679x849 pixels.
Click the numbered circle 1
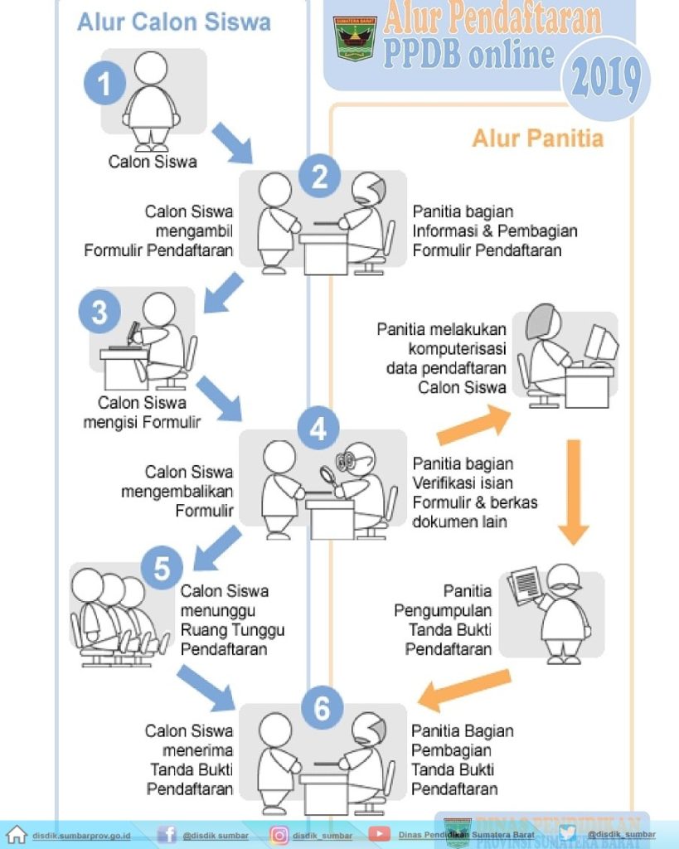click(x=104, y=83)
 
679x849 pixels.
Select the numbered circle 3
click(x=100, y=313)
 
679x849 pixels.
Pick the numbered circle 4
click(x=319, y=429)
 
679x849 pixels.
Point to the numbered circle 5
click(x=161, y=569)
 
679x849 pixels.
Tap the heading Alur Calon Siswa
click(x=174, y=22)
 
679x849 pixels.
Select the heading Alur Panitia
click(x=537, y=138)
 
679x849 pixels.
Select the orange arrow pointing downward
click(x=573, y=492)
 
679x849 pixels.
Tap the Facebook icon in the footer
click(x=167, y=834)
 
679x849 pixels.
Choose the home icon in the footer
click(x=17, y=834)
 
